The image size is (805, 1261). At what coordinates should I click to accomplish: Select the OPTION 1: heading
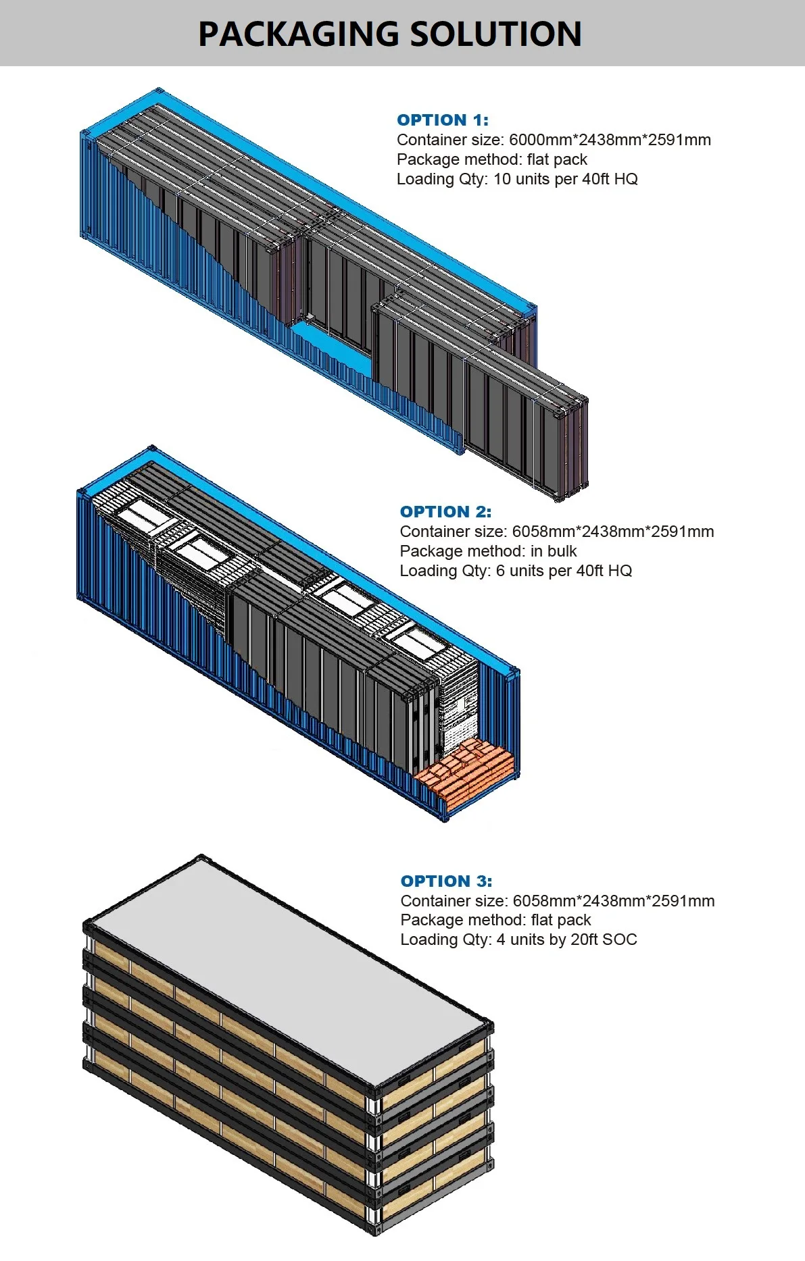442,120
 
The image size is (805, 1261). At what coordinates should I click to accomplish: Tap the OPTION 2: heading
445,512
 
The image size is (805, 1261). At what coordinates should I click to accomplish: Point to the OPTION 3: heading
446,881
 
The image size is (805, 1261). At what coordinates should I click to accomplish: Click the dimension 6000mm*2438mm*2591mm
610,140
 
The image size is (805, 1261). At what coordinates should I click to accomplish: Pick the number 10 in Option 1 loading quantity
502,180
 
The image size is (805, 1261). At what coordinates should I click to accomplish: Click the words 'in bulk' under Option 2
554,551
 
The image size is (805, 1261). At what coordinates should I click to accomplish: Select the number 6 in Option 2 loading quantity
501,571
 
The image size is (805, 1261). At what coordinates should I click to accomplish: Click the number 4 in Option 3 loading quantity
501,940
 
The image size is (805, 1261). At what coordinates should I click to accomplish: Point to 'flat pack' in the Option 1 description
557,160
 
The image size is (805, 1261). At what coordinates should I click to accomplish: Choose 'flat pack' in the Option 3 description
560,921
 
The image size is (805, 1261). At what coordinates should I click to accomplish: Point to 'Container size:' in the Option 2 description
451,532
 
